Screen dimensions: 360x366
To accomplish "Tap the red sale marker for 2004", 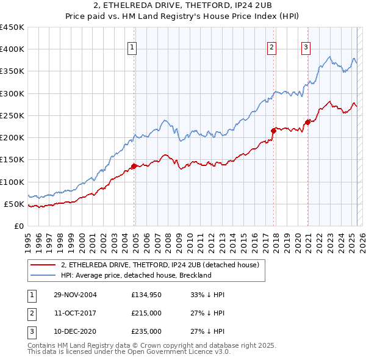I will coord(134,166).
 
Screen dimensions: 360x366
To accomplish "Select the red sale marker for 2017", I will coord(273,130).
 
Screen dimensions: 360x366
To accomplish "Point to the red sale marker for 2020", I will coord(307,122).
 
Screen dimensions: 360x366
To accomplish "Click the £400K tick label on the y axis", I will coord(12,49).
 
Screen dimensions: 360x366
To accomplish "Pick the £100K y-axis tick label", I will coord(12,182).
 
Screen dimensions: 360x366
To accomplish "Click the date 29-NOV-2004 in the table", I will coord(75,295).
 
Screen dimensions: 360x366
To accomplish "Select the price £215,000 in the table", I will coord(146,313).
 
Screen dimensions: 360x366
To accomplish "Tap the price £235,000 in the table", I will coord(146,331).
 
